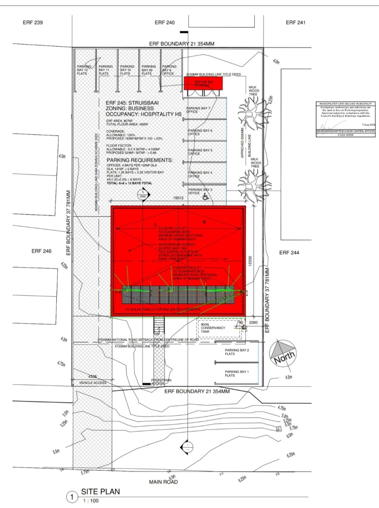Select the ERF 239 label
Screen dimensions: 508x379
pyautogui.click(x=32, y=22)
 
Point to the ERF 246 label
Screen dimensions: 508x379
pyautogui.click(x=41, y=251)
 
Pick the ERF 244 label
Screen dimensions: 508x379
pyautogui.click(x=289, y=252)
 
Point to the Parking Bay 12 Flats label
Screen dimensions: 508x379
pyautogui.click(x=83, y=70)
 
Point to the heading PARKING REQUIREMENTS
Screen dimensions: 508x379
pyautogui.click(x=139, y=160)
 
